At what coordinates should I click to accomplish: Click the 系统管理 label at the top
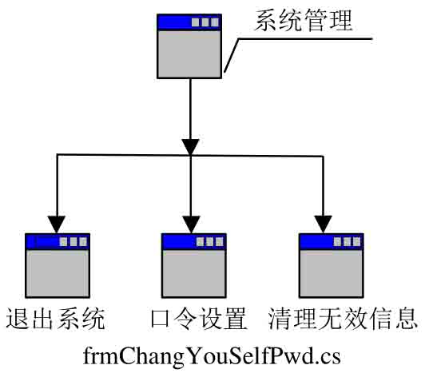tap(304, 20)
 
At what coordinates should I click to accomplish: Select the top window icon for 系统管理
tap(189, 46)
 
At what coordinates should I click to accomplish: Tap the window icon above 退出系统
tap(58, 265)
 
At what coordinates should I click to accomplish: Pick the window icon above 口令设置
tap(194, 265)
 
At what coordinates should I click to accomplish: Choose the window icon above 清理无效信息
tap(332, 265)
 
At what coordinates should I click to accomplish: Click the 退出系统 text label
tap(55, 319)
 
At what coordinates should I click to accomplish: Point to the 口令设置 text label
tap(199, 319)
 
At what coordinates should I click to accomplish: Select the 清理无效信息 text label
tap(343, 319)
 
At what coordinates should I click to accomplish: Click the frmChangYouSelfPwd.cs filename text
tap(212, 356)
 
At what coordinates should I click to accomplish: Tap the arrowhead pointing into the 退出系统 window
tap(57, 224)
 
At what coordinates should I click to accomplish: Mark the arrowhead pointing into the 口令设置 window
tap(191, 224)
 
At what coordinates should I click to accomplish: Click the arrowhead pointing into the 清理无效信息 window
tap(324, 224)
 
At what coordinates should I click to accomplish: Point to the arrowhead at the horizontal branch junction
tap(190, 147)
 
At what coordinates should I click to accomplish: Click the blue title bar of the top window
tap(189, 22)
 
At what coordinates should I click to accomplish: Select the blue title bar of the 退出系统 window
tap(58, 241)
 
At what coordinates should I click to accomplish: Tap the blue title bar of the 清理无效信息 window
tap(332, 241)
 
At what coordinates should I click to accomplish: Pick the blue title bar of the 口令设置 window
tap(194, 241)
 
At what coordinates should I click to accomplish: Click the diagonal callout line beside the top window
tap(232, 55)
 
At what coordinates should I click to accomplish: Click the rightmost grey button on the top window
tap(215, 22)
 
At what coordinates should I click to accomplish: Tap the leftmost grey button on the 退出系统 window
tap(64, 242)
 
